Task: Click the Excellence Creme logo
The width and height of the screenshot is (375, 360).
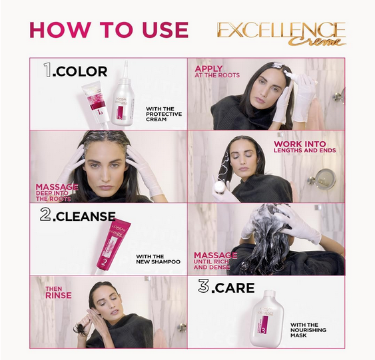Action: click(x=280, y=33)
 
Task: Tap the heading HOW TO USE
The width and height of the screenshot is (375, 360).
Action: click(x=109, y=31)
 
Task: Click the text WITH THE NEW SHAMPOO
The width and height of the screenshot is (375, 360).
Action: click(x=158, y=258)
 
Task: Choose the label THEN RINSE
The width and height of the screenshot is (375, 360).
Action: click(x=58, y=292)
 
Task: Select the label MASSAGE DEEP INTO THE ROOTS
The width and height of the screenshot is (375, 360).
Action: click(x=57, y=192)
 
